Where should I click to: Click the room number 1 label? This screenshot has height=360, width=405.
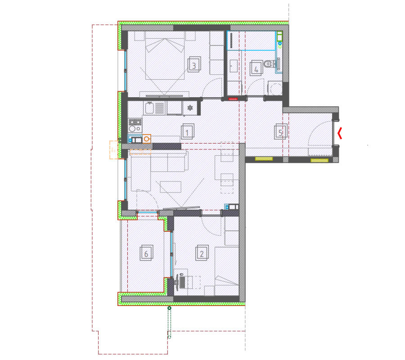pyautogui.click(x=187, y=132)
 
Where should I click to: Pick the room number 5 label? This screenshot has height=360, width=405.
pyautogui.click(x=280, y=132)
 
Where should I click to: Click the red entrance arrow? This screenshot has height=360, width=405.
pyautogui.click(x=340, y=133)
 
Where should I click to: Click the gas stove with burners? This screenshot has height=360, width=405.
pyautogui.click(x=135, y=126)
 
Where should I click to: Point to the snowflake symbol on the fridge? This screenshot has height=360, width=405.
pyautogui.click(x=190, y=108)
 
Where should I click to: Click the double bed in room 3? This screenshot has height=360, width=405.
pyautogui.click(x=165, y=58)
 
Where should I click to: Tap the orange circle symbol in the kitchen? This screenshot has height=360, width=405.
pyautogui.click(x=147, y=139)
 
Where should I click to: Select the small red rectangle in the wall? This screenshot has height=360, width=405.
pyautogui.click(x=233, y=99)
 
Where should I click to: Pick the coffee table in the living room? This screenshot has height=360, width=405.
pyautogui.click(x=171, y=187)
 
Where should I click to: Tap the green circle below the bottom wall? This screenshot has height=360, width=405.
pyautogui.click(x=169, y=308)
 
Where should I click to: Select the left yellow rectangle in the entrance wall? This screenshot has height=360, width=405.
pyautogui.click(x=264, y=159)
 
